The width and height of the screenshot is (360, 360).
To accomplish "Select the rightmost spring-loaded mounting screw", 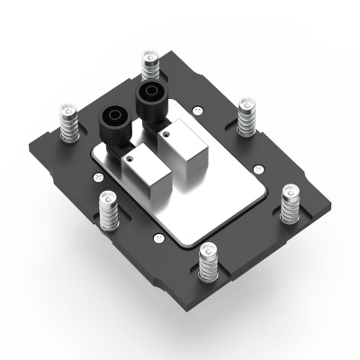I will (x=290, y=203).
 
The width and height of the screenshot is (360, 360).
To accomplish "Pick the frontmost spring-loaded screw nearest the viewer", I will (x=209, y=261).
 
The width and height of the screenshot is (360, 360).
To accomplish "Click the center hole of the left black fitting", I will (x=116, y=115).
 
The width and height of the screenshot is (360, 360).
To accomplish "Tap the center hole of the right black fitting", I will (x=148, y=92).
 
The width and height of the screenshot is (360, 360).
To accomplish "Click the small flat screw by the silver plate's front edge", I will (x=158, y=238).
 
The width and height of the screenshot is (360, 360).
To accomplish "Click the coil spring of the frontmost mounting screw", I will (x=209, y=268).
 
